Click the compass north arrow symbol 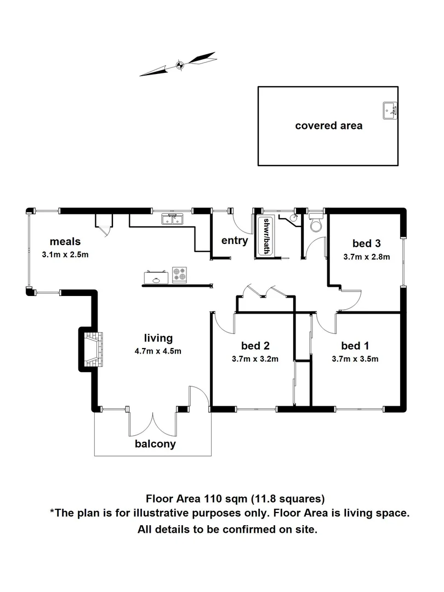(x=179, y=64)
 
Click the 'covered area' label (x=328, y=126)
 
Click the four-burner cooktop (x=179, y=274)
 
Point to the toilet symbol (x=316, y=225)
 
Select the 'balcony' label (x=155, y=444)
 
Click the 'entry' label (x=235, y=240)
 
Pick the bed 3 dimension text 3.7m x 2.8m (x=366, y=257)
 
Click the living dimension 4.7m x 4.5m (x=158, y=351)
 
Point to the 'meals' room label (x=65, y=241)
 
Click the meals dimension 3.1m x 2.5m (x=65, y=254)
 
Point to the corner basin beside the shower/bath (x=294, y=217)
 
